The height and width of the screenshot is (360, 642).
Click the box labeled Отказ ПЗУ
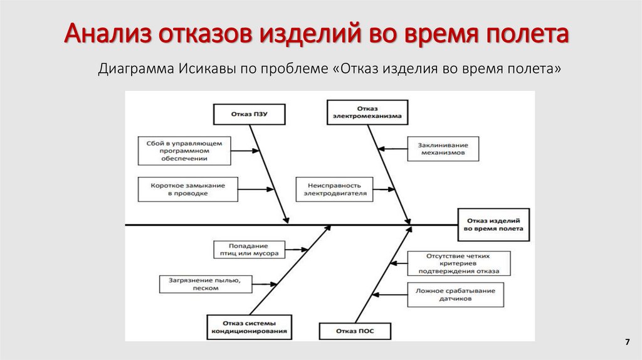click(x=249, y=114)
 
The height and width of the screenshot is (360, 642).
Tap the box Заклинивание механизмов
click(x=442, y=148)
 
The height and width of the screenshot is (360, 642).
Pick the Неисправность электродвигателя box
click(x=335, y=189)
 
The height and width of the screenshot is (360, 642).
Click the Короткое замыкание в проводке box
click(x=187, y=189)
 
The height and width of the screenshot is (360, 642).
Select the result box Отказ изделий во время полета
click(x=493, y=225)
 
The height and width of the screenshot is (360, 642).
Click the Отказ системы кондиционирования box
click(x=249, y=326)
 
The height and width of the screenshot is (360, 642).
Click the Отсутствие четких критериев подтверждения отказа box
click(x=458, y=263)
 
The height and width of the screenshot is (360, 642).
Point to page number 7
click(x=626, y=342)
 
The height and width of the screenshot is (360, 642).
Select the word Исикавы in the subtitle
click(x=205, y=68)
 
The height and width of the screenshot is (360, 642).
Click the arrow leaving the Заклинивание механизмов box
click(x=393, y=149)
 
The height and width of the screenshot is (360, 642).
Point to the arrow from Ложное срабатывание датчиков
click(x=389, y=294)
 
